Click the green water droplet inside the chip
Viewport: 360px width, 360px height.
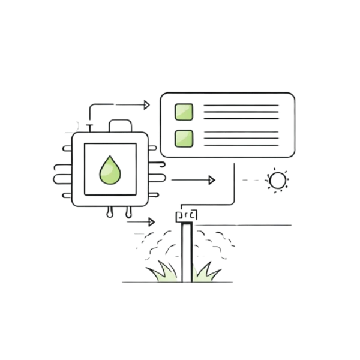[x=110, y=170]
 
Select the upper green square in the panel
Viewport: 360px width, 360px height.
[x=184, y=112]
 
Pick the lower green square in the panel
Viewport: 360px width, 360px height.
[x=184, y=139]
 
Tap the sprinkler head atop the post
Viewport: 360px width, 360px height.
[x=185, y=214]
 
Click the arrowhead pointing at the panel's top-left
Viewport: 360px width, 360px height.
[x=145, y=105]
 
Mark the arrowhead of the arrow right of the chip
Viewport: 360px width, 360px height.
[x=211, y=179]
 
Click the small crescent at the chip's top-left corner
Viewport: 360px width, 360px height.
[x=77, y=125]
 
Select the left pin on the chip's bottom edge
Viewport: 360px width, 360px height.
[x=111, y=211]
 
